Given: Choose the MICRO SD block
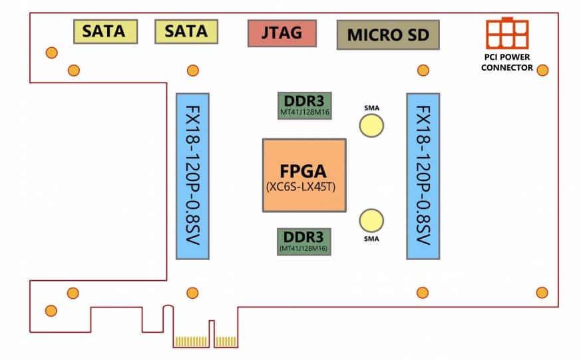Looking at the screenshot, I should point(388,34).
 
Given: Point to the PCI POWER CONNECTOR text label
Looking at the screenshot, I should point(506,64).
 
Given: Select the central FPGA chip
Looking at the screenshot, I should point(304,174).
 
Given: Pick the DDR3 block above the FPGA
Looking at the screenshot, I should point(304,104).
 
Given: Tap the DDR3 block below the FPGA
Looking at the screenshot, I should point(304,240).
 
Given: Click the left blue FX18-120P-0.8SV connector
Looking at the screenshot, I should point(193,176).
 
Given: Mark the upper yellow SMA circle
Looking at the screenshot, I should point(371,125).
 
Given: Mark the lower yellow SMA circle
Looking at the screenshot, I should point(371,220).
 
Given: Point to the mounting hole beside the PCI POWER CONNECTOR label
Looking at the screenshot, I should point(542,70).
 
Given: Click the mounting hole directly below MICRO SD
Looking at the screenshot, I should point(422,70).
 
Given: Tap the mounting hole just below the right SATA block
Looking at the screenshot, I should point(193,70).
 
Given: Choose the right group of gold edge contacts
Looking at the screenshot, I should point(226,341).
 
